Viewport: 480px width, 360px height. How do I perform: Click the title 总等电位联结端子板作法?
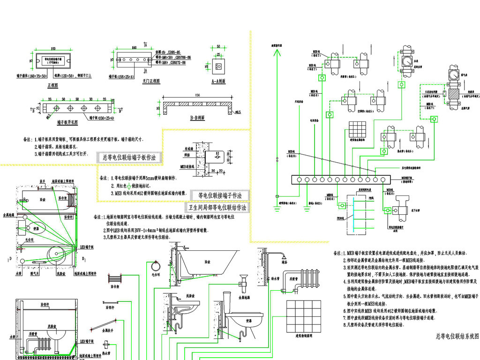click(129, 157)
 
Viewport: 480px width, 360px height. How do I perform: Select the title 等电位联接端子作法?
click(220, 195)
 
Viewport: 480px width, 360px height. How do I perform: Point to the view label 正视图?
click(52, 86)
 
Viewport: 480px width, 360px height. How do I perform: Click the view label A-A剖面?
click(218, 81)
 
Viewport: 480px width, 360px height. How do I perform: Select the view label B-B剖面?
click(197, 118)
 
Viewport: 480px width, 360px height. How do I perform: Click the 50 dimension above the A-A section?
click(218, 46)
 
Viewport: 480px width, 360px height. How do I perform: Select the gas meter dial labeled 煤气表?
click(453, 75)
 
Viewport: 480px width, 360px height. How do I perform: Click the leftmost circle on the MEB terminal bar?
click(297, 180)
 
